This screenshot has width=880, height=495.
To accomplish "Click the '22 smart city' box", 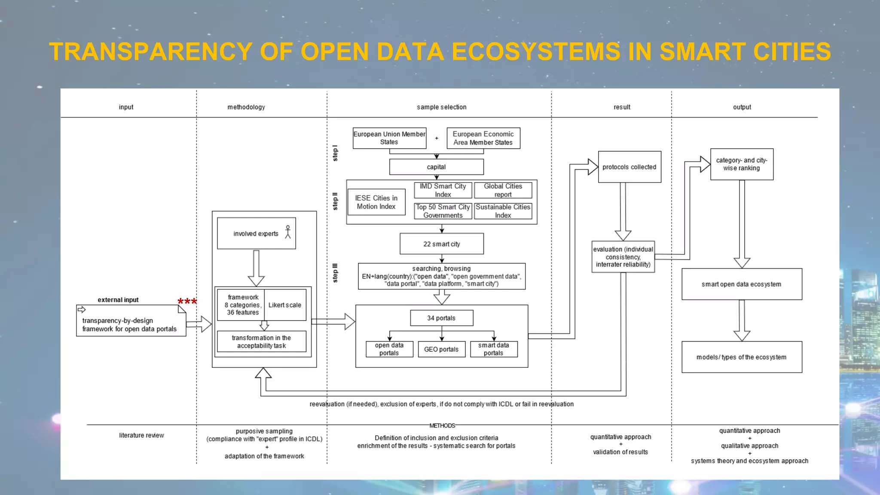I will (441, 244).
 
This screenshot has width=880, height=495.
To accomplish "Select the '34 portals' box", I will (441, 318).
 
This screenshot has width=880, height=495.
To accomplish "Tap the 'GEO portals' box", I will (441, 349).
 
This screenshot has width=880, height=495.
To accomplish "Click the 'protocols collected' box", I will (629, 167).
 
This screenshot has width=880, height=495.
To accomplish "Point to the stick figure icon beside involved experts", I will (288, 232).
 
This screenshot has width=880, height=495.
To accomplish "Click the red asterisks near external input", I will (187, 302).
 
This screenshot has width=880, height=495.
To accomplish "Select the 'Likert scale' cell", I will (285, 305).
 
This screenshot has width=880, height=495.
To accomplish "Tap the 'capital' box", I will (436, 167).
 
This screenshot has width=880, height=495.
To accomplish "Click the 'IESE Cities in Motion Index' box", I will (376, 202).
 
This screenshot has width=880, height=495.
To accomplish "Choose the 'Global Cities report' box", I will (503, 190).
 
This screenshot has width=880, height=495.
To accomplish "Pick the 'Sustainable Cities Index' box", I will (503, 211).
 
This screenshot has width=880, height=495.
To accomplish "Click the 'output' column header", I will (742, 107).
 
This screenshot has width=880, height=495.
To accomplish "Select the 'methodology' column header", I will (246, 107).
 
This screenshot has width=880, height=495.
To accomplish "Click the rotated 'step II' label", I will (335, 201).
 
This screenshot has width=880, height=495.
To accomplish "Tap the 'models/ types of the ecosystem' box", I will (741, 357).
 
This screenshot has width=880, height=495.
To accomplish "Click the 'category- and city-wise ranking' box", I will (741, 164).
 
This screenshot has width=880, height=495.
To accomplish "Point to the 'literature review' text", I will (141, 435).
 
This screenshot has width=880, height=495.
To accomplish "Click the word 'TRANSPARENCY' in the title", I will (150, 52).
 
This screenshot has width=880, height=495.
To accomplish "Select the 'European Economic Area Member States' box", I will (483, 138).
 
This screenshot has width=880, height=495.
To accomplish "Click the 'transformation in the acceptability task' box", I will (261, 342).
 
